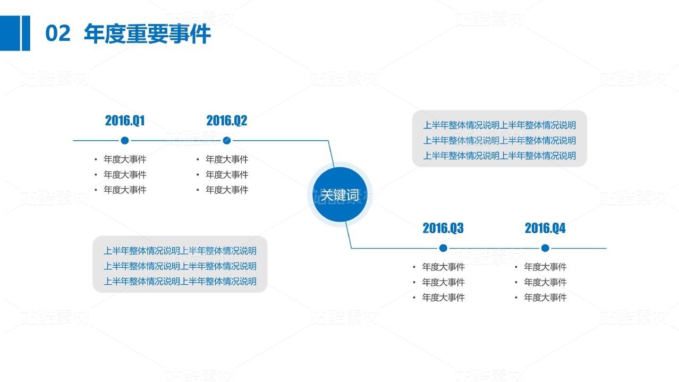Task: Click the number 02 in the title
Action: click(x=57, y=33)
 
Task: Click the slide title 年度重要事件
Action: click(x=147, y=33)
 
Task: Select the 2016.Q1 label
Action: click(x=125, y=121)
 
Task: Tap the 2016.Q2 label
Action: click(x=227, y=121)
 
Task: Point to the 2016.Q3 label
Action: click(x=443, y=228)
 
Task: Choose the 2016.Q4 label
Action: click(x=545, y=228)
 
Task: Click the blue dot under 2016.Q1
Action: click(x=125, y=140)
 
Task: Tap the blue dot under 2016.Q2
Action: click(x=227, y=140)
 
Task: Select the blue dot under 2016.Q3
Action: click(x=443, y=248)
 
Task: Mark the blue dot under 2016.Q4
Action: click(x=545, y=248)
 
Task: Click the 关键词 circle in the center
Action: click(x=340, y=194)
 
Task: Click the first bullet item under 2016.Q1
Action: click(x=125, y=159)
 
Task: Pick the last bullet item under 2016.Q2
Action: click(x=227, y=190)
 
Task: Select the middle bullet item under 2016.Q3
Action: click(x=444, y=282)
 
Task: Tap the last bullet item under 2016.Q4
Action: click(x=545, y=298)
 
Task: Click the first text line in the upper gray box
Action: click(x=499, y=125)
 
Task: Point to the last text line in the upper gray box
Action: click(x=499, y=156)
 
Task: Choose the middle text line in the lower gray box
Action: click(x=180, y=266)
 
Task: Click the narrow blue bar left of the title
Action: click(x=26, y=33)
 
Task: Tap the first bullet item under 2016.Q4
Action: click(x=545, y=267)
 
